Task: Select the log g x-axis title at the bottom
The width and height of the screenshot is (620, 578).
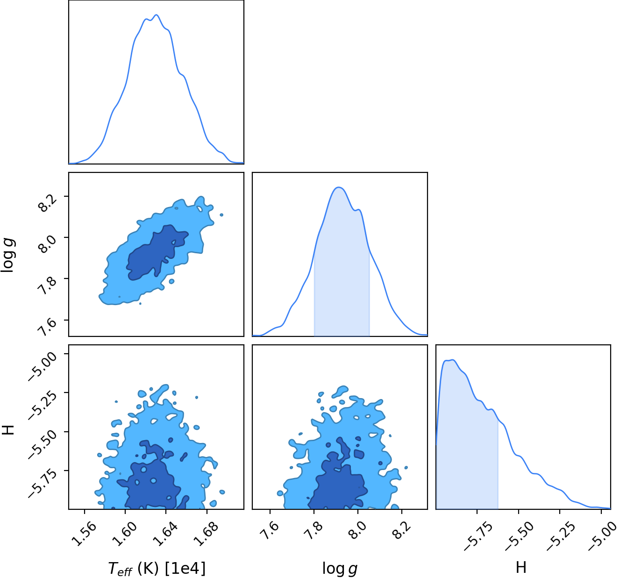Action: (x=340, y=569)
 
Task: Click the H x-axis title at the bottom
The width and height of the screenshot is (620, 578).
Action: (x=521, y=567)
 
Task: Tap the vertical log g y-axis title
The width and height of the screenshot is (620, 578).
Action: (x=8, y=255)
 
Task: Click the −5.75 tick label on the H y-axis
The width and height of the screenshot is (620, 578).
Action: (x=43, y=483)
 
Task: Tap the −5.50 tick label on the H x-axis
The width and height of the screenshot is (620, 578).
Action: (x=519, y=536)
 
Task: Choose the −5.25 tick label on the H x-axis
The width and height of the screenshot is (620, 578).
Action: (x=561, y=536)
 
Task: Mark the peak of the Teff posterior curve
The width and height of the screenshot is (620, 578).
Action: (x=157, y=14)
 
